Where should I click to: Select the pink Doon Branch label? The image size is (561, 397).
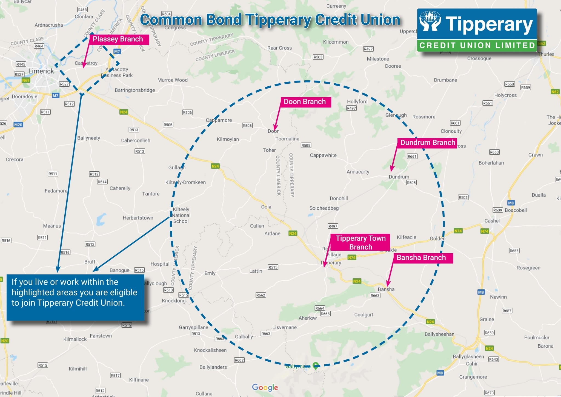click(x=305, y=102)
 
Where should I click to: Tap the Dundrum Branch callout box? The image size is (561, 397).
click(x=427, y=143)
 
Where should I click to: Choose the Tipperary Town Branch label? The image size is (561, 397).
click(x=360, y=242)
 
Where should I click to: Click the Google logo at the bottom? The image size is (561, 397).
click(x=265, y=387)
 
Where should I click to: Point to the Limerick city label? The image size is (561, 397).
click(x=41, y=71)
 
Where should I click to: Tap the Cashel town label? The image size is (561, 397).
click(x=492, y=221)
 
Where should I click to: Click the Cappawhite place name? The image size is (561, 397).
click(x=323, y=155)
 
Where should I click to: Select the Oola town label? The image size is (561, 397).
click(x=266, y=207)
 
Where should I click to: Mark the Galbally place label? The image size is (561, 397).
click(x=244, y=336)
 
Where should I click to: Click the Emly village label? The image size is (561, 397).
click(x=210, y=273)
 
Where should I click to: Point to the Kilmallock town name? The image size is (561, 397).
click(x=75, y=339)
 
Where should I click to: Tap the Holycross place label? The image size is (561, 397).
click(x=505, y=95)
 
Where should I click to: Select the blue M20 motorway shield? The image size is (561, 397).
click(x=18, y=125)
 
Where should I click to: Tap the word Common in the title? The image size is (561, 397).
click(x=171, y=20)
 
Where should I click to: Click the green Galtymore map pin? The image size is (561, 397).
click(x=316, y=365)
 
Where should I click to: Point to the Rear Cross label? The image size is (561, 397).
click(x=279, y=48)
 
